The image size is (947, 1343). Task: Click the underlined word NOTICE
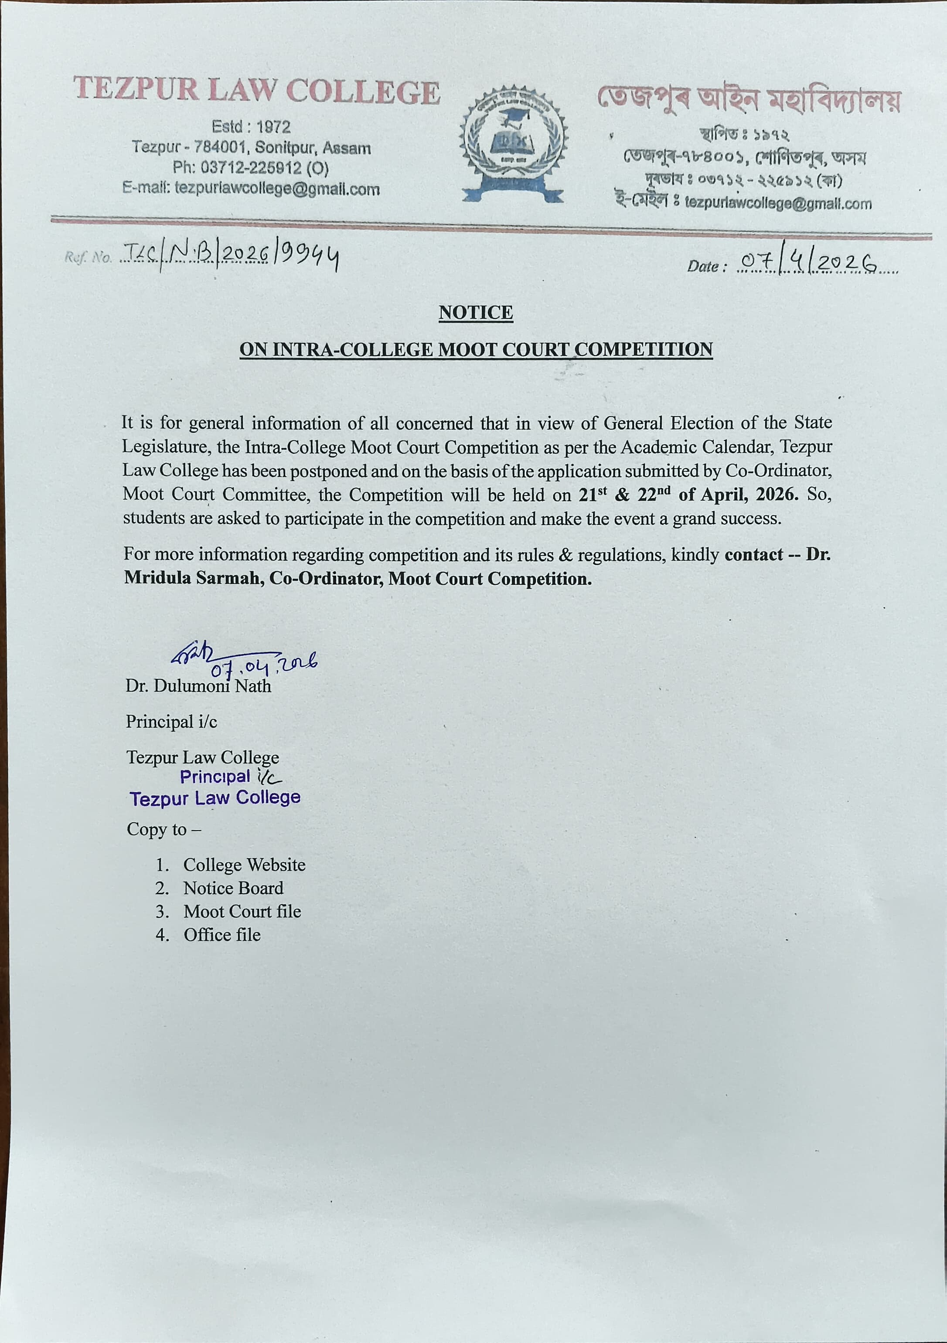(475, 313)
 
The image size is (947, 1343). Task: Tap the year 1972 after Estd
(273, 127)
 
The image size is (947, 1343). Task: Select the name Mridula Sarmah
(194, 579)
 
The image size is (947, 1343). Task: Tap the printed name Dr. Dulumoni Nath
(198, 685)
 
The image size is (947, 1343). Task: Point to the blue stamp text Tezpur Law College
(215, 798)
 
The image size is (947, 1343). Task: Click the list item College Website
(244, 865)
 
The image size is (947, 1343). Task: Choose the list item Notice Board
(233, 888)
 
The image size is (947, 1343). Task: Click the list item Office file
(222, 935)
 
